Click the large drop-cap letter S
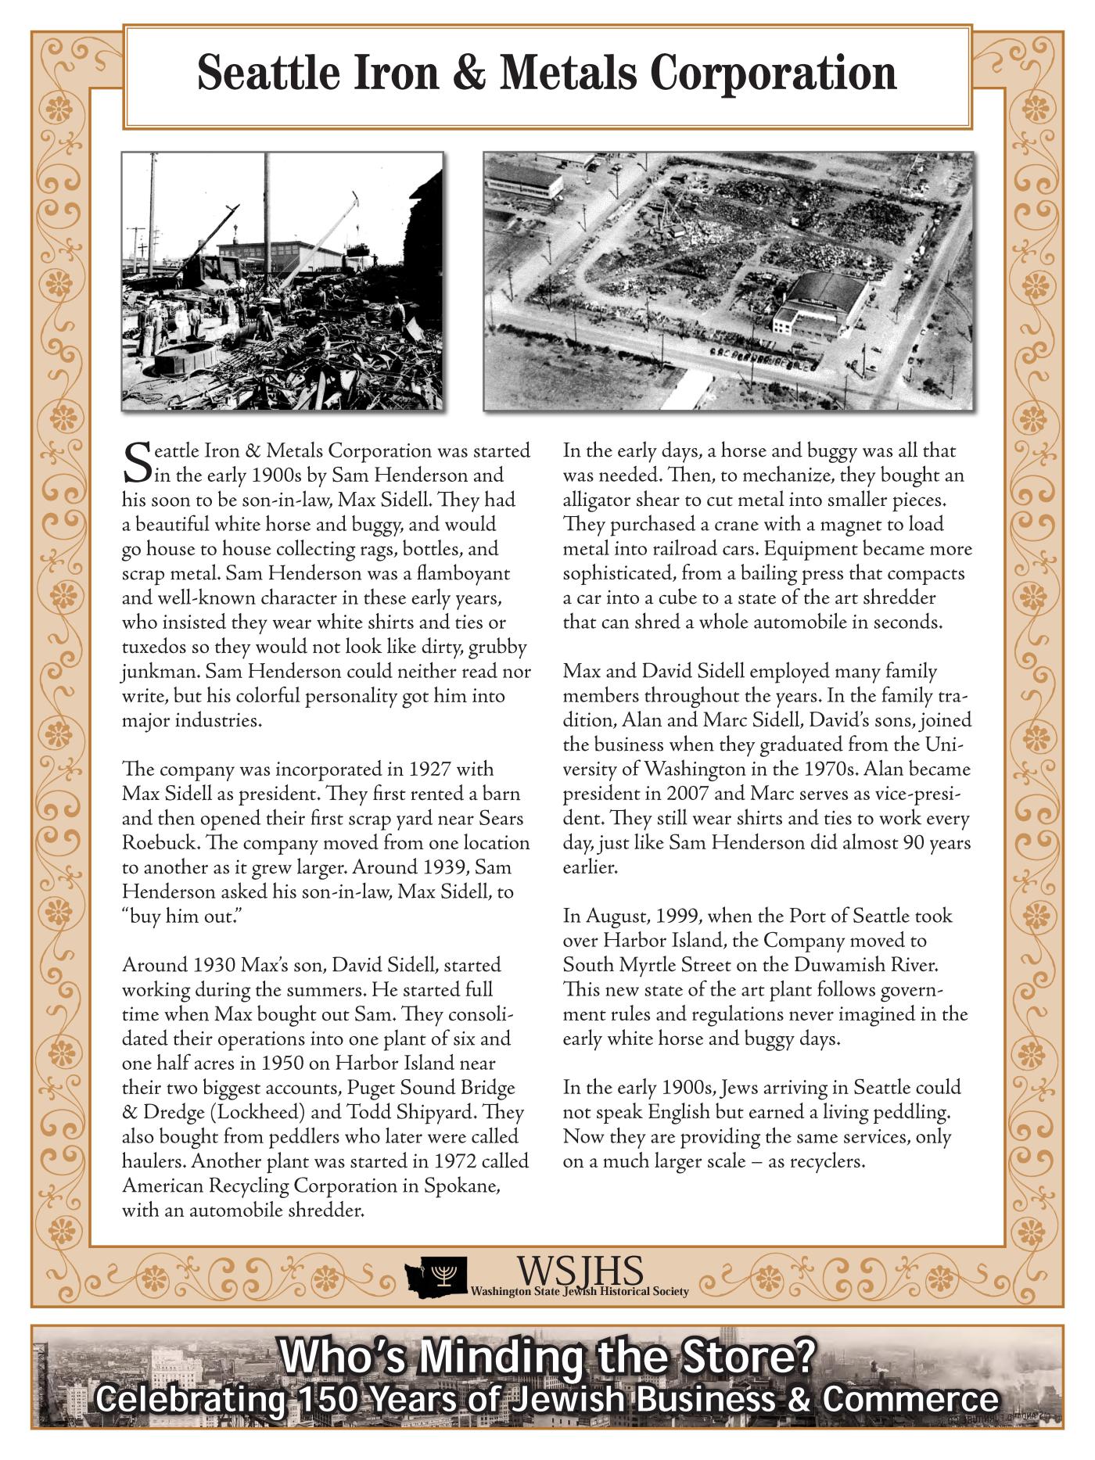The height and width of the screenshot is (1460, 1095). pyautogui.click(x=137, y=463)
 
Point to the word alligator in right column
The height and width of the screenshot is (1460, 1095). pyautogui.click(x=598, y=500)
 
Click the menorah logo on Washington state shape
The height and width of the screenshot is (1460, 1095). pyautogui.click(x=444, y=1275)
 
